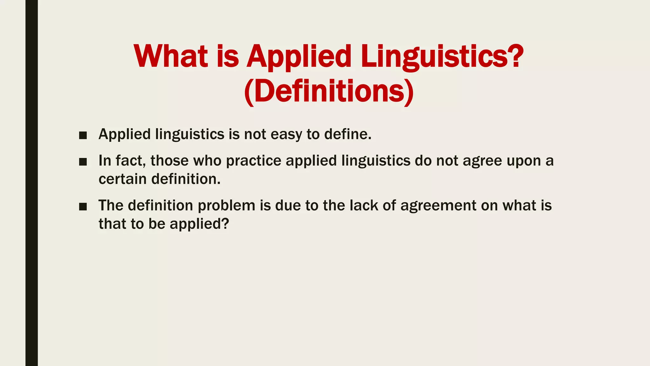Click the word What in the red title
171,56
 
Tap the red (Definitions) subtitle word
329,91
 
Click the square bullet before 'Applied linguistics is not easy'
83,136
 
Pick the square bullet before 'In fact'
83,162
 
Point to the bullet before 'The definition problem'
83,207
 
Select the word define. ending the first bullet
348,134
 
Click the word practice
253,160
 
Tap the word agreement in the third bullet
438,206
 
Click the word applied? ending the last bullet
199,224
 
